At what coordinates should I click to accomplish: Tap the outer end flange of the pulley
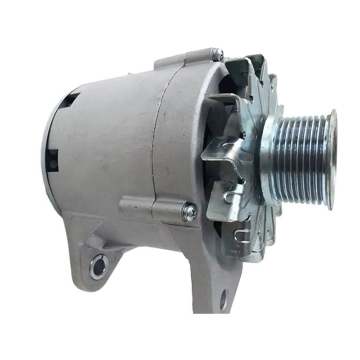pyautogui.click(x=332, y=160)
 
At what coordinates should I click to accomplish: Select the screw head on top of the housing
pyautogui.click(x=219, y=54)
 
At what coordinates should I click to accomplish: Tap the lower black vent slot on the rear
pyautogui.click(x=52, y=160)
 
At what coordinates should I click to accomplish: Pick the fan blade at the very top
pyautogui.click(x=250, y=67)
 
